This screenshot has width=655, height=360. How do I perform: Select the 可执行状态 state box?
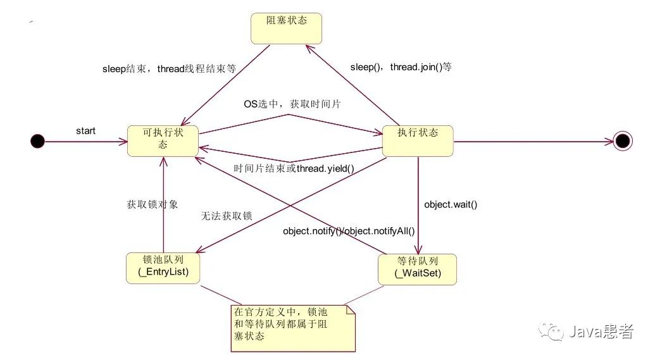[x=163, y=140]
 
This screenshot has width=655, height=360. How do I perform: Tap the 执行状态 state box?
[x=418, y=140]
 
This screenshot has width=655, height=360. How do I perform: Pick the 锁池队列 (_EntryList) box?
[x=163, y=268]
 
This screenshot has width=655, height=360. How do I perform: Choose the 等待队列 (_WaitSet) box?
[x=418, y=269]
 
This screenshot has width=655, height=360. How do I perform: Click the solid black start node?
[x=38, y=141]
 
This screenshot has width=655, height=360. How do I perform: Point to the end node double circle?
[x=623, y=141]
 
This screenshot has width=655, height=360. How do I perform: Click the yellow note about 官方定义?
[x=292, y=326]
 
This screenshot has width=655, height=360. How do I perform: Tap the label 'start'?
[x=85, y=131]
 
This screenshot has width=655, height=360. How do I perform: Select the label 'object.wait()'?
[x=450, y=204]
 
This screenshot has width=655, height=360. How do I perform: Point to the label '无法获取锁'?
[x=226, y=216]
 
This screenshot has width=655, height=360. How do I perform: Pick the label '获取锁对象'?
[x=153, y=204]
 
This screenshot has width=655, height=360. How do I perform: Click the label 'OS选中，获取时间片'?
[x=292, y=104]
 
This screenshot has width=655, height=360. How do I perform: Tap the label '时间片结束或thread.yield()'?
[x=293, y=169]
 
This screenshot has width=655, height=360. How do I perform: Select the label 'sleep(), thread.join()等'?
[x=401, y=66]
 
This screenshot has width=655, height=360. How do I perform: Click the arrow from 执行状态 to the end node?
[x=532, y=141]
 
